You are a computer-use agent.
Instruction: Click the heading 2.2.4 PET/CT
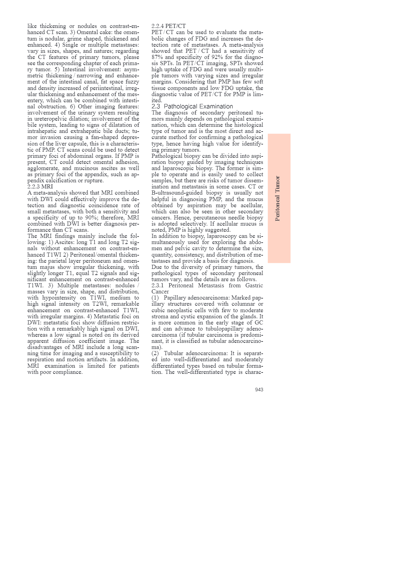click(x=168, y=26)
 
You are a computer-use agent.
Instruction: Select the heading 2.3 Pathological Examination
click(x=192, y=106)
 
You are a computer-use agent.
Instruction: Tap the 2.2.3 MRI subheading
click(x=40, y=187)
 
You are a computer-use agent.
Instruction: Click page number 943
click(x=259, y=390)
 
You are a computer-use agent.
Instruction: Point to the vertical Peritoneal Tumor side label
click(x=278, y=198)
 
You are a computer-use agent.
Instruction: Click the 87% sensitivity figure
click(x=157, y=57)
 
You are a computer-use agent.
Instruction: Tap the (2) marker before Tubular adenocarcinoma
click(x=155, y=353)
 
